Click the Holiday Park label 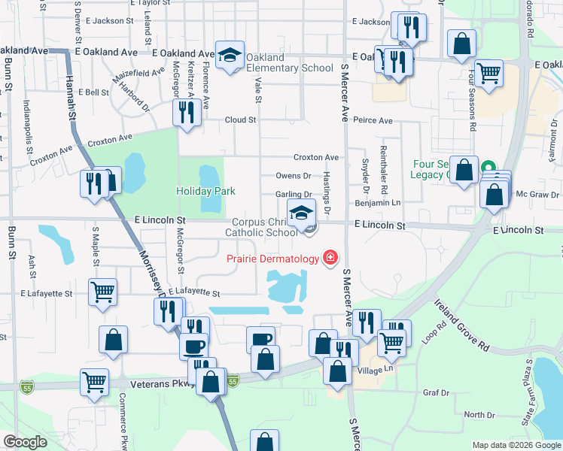[x=206, y=191]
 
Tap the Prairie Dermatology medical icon [x=329, y=259]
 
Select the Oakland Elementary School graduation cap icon [x=230, y=54]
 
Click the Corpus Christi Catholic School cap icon [x=301, y=212]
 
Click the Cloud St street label [x=241, y=120]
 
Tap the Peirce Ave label [x=373, y=120]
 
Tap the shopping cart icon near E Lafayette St [x=102, y=292]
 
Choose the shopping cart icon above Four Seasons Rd [x=489, y=73]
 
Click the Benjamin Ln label [x=379, y=203]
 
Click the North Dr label [x=478, y=415]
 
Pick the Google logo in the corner [x=25, y=442]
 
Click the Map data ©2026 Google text [x=516, y=445]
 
